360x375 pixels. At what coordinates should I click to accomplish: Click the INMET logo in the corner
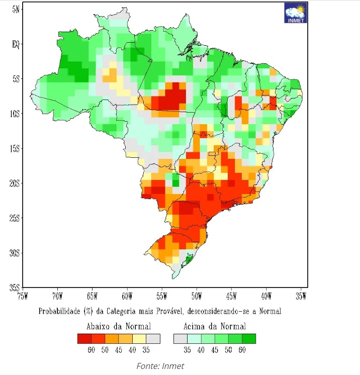(x=295, y=13)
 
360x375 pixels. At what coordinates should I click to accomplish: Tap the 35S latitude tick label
(x=15, y=288)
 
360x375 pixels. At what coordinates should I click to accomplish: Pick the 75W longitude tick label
(x=23, y=296)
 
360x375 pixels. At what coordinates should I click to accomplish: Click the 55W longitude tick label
(x=162, y=296)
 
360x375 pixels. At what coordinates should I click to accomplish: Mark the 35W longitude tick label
(x=301, y=296)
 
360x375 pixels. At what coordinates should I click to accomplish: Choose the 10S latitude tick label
(x=15, y=114)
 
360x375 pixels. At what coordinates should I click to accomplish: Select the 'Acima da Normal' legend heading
(x=215, y=326)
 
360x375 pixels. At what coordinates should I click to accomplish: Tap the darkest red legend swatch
(x=84, y=338)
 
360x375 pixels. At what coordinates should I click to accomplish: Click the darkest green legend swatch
(x=249, y=338)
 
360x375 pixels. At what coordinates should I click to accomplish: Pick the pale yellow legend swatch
(x=139, y=338)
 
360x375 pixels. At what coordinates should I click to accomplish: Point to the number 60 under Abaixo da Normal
(x=91, y=350)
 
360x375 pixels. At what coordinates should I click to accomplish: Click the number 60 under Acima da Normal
(x=242, y=350)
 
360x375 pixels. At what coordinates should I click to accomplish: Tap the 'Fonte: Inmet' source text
(x=160, y=366)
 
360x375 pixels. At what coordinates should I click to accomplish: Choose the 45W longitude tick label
(x=231, y=296)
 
